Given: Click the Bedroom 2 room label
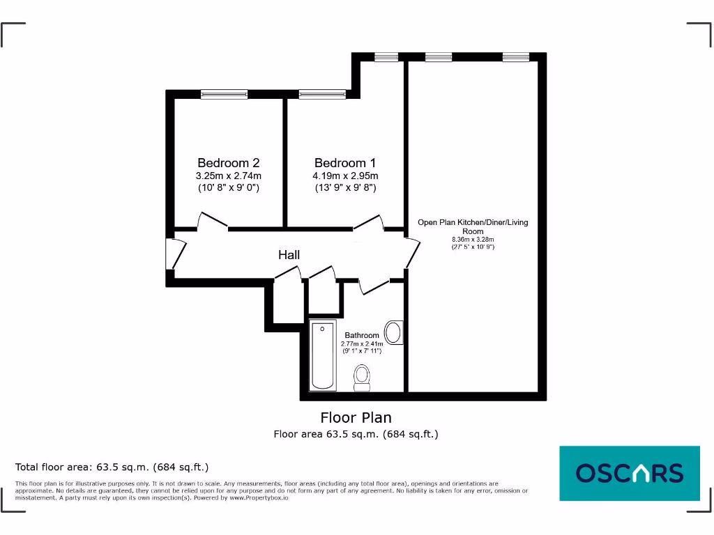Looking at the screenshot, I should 228,162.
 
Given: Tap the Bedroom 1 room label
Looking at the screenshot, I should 345,162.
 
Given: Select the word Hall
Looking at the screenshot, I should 289,255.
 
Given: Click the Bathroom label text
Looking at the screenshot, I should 362,335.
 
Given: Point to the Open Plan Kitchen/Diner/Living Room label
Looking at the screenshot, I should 473,226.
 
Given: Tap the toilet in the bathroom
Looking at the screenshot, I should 362,377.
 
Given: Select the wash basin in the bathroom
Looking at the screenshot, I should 394,332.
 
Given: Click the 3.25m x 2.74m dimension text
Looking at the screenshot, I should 228,176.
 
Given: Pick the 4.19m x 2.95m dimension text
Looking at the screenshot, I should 345,176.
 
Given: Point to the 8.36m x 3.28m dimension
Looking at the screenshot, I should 473,240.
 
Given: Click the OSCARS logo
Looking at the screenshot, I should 629,473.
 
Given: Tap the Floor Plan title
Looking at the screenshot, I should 356,417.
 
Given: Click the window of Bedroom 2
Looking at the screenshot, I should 224,94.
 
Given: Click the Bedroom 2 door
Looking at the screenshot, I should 213,222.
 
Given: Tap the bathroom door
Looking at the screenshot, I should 374,284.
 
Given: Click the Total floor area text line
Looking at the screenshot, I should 112,467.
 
